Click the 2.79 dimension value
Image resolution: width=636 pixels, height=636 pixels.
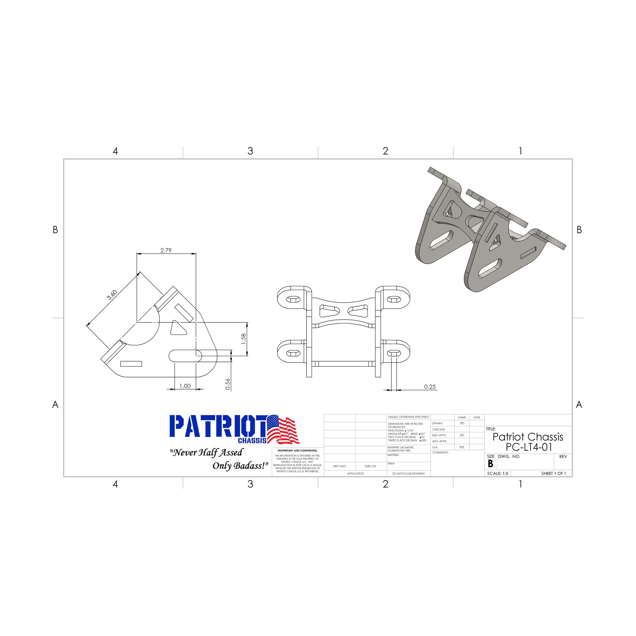[166, 250]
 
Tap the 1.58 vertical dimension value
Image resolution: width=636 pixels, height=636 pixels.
[243, 339]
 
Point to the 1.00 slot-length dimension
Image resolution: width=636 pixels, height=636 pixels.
[185, 386]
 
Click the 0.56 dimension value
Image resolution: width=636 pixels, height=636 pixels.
[228, 384]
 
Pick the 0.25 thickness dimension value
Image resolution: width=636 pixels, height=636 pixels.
[430, 387]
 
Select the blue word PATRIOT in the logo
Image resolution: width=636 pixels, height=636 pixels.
[217, 426]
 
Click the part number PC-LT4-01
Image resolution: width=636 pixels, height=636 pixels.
[529, 447]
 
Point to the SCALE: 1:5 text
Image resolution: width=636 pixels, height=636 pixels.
[497, 474]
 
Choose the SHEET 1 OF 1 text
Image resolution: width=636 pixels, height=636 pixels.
[554, 474]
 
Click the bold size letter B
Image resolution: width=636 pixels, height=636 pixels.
[490, 464]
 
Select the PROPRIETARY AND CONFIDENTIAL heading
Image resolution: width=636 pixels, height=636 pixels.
[298, 451]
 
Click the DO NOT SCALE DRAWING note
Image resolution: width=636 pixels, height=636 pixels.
[409, 474]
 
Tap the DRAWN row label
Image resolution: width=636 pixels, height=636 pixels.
[437, 423]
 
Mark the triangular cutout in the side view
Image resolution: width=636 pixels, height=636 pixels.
[177, 328]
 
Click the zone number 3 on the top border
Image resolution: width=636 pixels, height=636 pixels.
[250, 151]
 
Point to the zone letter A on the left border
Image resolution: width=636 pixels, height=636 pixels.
[55, 404]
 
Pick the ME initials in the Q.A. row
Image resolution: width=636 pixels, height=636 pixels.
[462, 447]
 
